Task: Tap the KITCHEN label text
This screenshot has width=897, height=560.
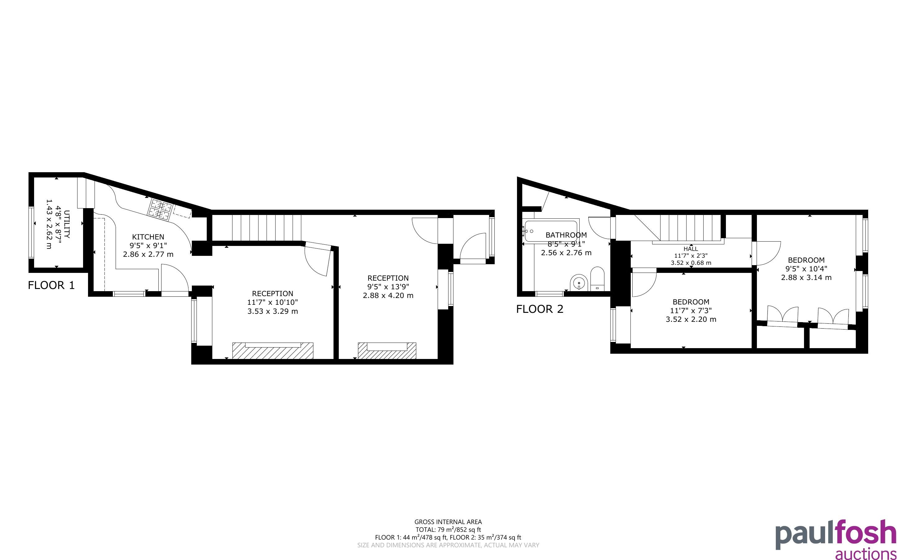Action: (148, 237)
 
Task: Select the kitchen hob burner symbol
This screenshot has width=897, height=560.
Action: (160, 210)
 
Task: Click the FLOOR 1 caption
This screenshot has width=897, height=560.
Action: (51, 285)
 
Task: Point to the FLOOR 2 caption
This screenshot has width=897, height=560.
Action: (540, 309)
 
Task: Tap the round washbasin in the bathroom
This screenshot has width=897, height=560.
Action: (579, 283)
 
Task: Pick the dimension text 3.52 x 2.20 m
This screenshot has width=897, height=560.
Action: (691, 319)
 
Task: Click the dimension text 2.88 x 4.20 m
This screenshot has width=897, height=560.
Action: (388, 295)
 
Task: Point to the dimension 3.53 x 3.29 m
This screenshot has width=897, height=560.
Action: (273, 311)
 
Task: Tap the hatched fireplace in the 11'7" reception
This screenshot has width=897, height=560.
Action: (273, 351)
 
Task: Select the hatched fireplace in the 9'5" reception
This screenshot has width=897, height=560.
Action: (387, 351)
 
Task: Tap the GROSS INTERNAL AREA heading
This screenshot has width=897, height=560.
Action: (448, 522)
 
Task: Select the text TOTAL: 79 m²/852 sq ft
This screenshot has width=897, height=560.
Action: (448, 530)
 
